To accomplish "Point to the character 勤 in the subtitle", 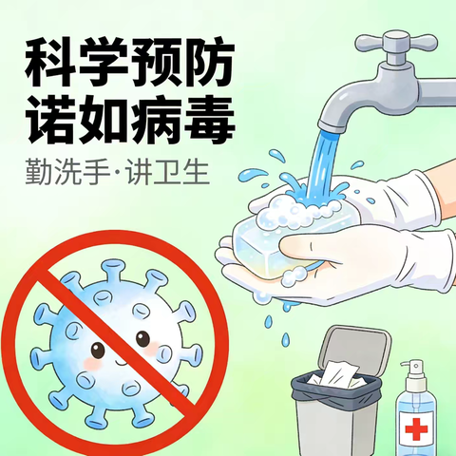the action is (x=39, y=172).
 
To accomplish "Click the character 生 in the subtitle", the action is (x=196, y=172).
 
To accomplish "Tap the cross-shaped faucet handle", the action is (x=396, y=42).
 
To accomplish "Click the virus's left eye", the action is (x=98, y=350).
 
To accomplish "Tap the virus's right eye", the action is (x=142, y=338).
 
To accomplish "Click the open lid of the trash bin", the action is (x=354, y=348).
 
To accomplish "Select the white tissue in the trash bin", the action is (x=339, y=374).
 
